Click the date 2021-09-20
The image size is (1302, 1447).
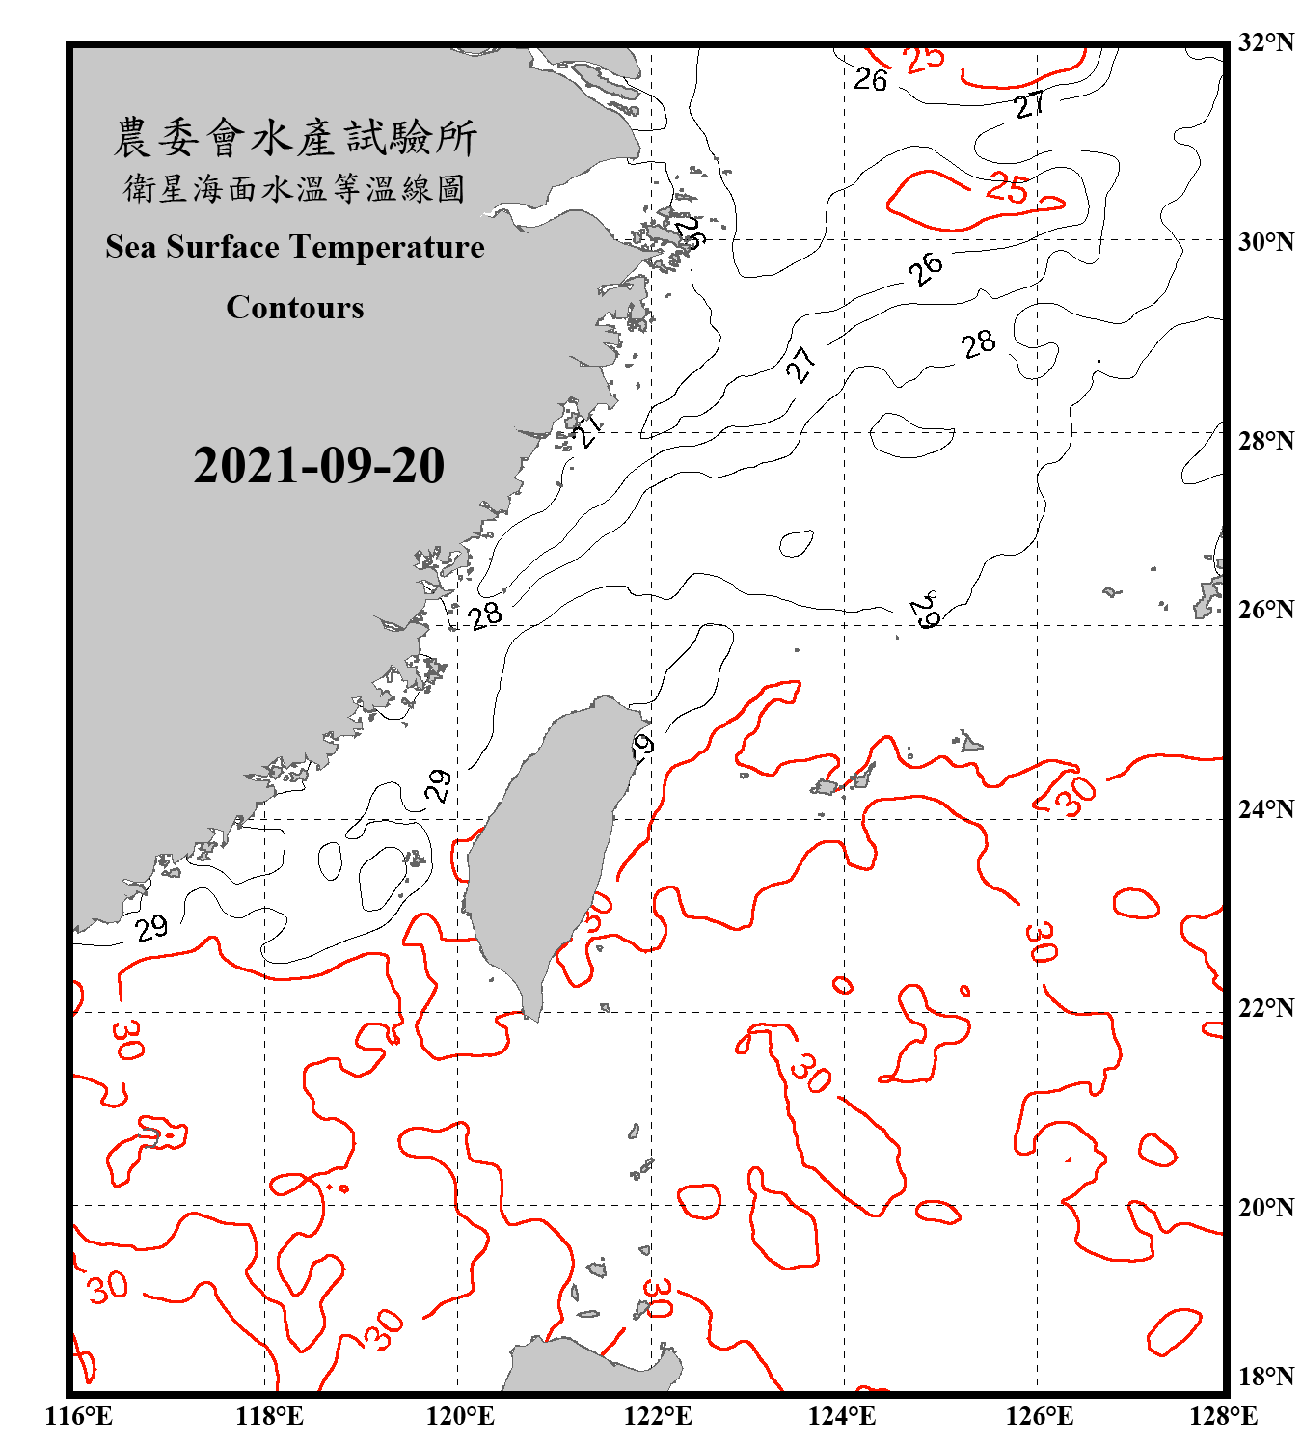[x=318, y=466]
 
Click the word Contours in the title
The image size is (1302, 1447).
[x=295, y=308]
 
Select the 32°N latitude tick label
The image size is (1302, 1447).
[x=1265, y=42]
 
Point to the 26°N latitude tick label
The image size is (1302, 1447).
[x=1265, y=610]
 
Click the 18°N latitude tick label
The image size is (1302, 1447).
[x=1265, y=1377]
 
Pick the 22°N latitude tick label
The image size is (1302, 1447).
[x=1265, y=1008]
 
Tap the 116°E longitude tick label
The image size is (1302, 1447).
[x=79, y=1416]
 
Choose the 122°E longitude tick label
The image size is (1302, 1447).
[x=658, y=1416]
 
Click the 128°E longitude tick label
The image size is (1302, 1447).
[x=1223, y=1416]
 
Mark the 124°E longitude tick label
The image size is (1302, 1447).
[x=842, y=1416]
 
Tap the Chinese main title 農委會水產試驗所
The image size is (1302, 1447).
[x=295, y=138]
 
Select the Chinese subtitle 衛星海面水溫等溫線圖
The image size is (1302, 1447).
[x=295, y=189]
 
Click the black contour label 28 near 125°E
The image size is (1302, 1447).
[x=978, y=343]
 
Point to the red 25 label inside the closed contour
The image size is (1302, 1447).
[x=1007, y=188]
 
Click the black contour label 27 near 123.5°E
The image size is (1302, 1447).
[x=800, y=365]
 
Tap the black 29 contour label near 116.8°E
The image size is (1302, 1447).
[x=151, y=928]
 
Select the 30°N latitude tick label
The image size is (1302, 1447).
[x=1265, y=241]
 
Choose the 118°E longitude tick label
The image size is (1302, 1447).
[x=269, y=1416]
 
